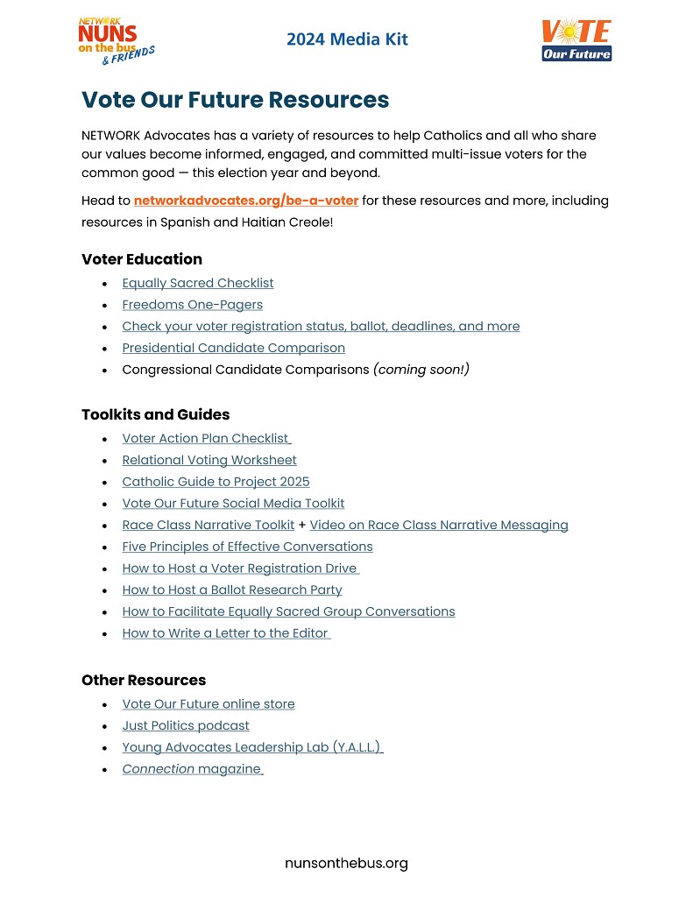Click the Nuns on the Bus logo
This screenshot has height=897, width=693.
click(115, 41)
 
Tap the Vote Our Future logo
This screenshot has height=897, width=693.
click(576, 40)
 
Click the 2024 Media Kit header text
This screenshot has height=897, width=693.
click(347, 39)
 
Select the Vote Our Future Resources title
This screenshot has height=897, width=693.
click(235, 100)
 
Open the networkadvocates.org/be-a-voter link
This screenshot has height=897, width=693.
click(246, 201)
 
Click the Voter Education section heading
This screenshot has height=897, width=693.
click(142, 259)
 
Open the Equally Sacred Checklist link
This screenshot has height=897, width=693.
click(198, 283)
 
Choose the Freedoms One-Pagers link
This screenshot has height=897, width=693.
click(193, 305)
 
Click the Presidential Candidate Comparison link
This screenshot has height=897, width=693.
click(234, 348)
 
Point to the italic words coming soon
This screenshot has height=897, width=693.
click(421, 370)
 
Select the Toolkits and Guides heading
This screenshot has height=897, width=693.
click(156, 414)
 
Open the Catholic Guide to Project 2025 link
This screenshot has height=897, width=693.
click(216, 482)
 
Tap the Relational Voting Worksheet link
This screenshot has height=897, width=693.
click(209, 460)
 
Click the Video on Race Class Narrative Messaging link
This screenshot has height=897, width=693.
click(439, 526)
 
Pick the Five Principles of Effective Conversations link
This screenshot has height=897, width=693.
click(248, 547)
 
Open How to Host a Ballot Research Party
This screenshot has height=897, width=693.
click(232, 590)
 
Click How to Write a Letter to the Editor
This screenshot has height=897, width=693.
click(225, 633)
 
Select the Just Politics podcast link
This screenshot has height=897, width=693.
click(186, 726)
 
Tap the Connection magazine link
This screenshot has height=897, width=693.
click(192, 769)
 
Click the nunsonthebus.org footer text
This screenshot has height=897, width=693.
click(346, 864)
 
